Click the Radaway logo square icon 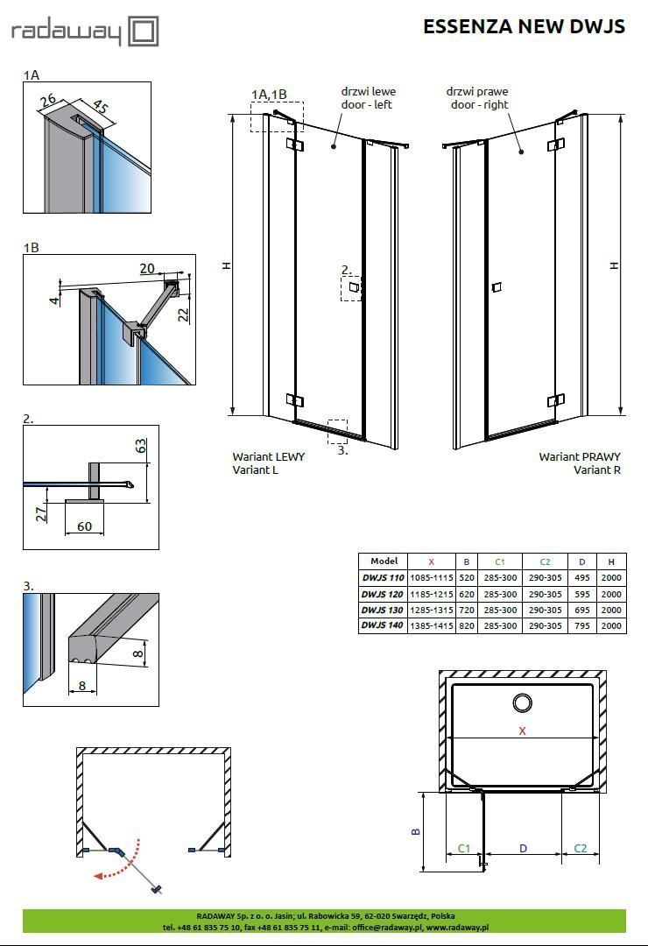pos(143,32)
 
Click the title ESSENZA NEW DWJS pos(524,26)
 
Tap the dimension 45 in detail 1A pos(102,108)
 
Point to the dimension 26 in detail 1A pos(47,102)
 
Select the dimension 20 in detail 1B pos(147,269)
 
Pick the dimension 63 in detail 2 pos(141,446)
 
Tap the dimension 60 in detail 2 pos(84,526)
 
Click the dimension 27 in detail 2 pos(41,513)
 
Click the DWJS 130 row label pos(383,610)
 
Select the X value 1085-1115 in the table pos(431,578)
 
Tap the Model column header pos(384,561)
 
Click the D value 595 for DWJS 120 pos(581,594)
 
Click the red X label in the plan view pos(523,731)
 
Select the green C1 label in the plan pos(465,848)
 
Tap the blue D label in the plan pos(523,848)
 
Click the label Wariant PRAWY pos(579,456)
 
